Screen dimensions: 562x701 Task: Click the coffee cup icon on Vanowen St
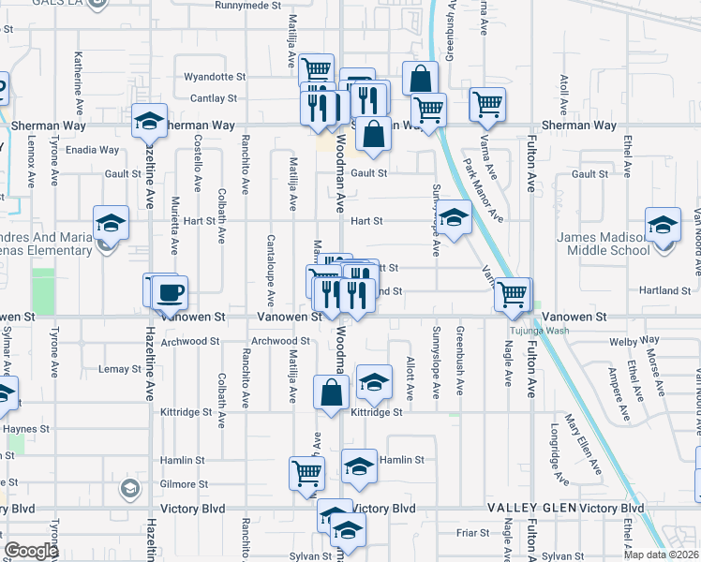tap(170, 293)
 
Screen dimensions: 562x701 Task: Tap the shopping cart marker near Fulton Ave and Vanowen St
tap(513, 295)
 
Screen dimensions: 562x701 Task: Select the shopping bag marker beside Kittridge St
tap(333, 392)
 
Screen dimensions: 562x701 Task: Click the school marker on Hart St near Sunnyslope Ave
tap(455, 220)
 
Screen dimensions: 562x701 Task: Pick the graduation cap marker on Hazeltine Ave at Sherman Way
tap(149, 121)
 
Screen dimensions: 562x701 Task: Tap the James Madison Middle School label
tap(616, 244)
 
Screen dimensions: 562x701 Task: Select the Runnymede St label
tap(247, 6)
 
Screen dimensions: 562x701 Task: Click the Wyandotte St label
tap(215, 77)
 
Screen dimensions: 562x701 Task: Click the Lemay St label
tap(119, 369)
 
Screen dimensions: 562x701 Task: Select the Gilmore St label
tap(183, 484)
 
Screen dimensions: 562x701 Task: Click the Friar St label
tap(467, 533)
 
